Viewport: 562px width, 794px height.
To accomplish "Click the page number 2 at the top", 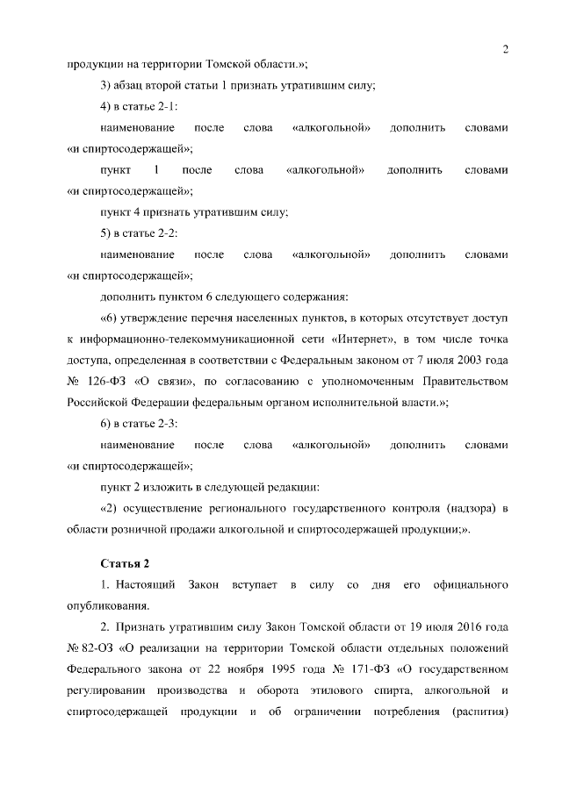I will point(506,49).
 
